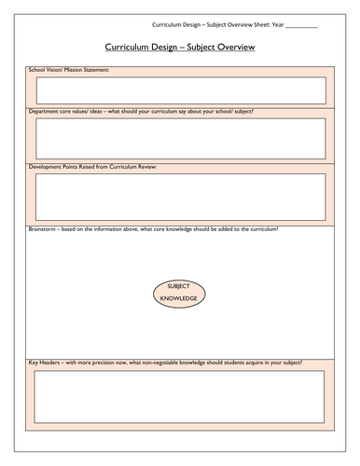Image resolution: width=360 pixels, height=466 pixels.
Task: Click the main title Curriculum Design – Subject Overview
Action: pos(180,46)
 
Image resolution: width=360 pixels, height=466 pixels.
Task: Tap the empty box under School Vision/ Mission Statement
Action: pos(180,90)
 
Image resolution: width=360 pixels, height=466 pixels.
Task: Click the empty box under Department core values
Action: pos(180,137)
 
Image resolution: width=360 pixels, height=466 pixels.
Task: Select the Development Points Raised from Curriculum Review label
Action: pos(94,167)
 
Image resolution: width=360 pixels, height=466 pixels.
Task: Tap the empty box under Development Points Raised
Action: pos(180,195)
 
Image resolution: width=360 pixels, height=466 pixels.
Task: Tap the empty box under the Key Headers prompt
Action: pos(180,397)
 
